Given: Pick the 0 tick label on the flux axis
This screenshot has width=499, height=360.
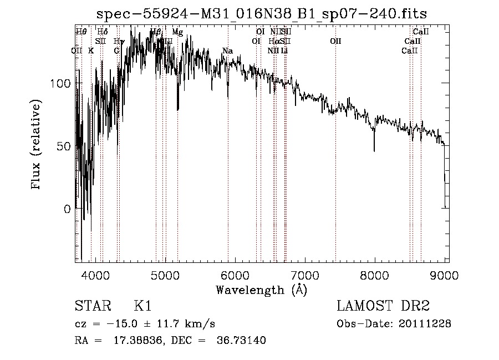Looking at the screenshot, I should coord(67,209).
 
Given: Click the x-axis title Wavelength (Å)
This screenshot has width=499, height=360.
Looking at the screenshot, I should coord(261,290).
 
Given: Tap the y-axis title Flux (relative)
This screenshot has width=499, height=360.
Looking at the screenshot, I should coord(37,145).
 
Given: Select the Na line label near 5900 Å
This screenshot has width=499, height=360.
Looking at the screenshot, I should coord(227,51).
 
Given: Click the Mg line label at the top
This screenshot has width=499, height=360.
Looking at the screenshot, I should coord(177,32).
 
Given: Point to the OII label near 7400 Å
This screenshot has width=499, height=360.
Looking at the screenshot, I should coord(335,41).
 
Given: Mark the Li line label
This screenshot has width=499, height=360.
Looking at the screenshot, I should coord(284,51).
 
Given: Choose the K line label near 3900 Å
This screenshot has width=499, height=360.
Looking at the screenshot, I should coord(91,51).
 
